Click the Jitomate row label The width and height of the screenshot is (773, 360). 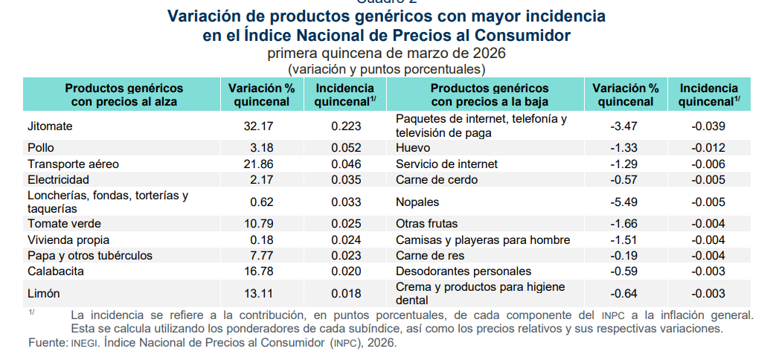(x=50, y=126)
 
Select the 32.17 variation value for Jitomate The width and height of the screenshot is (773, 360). (x=258, y=126)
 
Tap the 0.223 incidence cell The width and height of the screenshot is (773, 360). (x=346, y=126)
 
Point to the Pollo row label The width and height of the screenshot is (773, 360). (x=41, y=148)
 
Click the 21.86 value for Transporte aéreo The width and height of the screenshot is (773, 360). (x=258, y=164)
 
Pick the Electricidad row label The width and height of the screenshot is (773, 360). (x=58, y=179)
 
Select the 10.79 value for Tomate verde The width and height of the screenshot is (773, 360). (x=258, y=223)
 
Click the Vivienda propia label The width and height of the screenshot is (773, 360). (x=68, y=240)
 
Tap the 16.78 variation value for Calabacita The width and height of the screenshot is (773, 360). (x=258, y=271)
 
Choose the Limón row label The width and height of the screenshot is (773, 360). (x=43, y=294)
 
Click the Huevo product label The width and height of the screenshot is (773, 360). (x=413, y=148)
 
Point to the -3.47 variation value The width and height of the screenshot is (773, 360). (x=624, y=126)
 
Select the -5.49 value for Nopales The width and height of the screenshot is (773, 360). (x=624, y=202)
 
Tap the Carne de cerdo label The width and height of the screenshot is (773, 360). (x=437, y=179)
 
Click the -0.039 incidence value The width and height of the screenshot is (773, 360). (x=708, y=126)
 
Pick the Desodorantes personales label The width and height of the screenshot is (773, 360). (x=464, y=271)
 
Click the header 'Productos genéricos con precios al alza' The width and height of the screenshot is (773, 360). (x=124, y=95)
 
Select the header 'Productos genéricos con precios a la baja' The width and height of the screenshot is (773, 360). (x=490, y=95)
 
